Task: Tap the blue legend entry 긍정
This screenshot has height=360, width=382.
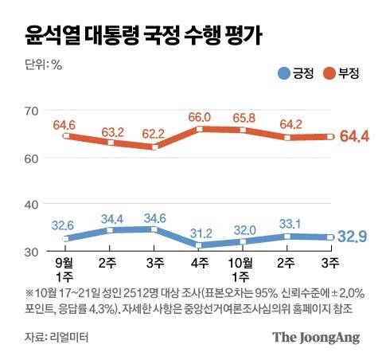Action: click(x=294, y=74)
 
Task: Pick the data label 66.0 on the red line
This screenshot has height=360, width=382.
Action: click(x=197, y=116)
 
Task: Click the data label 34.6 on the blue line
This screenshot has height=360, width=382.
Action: click(x=154, y=217)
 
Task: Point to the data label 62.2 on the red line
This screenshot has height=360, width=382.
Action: click(x=154, y=134)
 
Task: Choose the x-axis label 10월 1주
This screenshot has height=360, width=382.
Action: click(x=241, y=268)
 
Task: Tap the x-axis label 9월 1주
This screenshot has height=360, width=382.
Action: click(x=65, y=268)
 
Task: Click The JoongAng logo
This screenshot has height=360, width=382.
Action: click(x=316, y=337)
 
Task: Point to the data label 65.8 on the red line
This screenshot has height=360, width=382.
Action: click(x=242, y=117)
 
